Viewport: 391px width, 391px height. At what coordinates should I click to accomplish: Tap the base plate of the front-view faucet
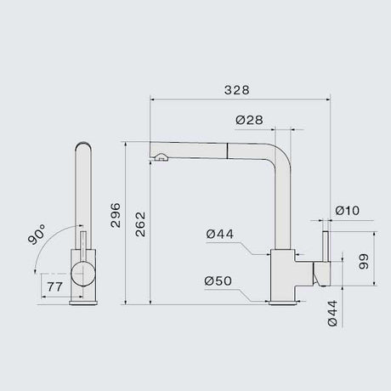[83, 298]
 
